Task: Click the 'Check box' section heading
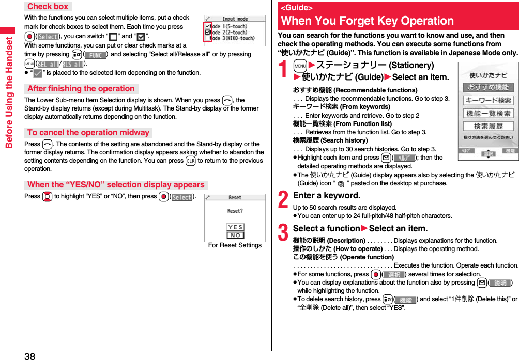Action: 48,7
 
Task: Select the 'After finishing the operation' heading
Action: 81,89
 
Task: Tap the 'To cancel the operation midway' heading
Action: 88,133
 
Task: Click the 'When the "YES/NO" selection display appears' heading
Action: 116,185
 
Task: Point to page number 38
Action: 29,355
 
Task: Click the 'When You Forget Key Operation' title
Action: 367,21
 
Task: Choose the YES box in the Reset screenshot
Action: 235,227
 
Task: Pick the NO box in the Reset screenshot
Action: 235,236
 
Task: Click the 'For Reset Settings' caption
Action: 235,245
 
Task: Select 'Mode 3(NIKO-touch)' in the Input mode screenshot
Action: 233,38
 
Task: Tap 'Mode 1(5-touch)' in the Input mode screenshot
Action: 230,26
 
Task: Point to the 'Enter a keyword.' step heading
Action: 326,196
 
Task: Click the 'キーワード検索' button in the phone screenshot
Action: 488,100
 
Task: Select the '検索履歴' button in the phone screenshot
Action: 488,126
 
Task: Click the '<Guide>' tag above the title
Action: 296,8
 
